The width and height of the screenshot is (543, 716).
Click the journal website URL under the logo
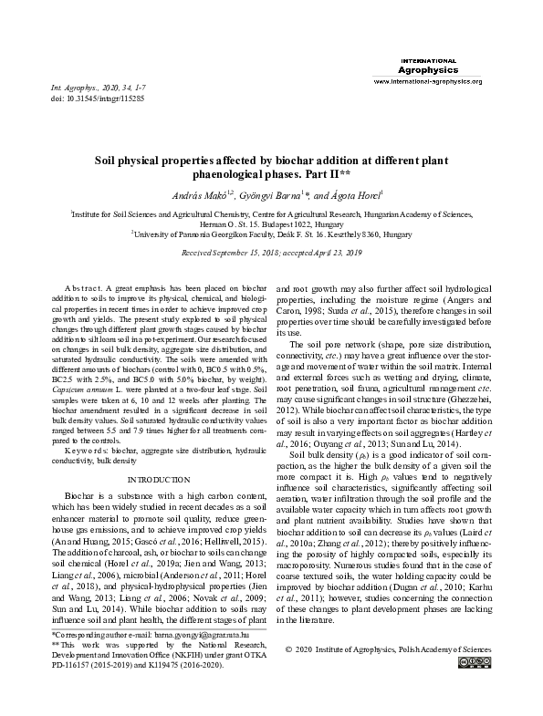[x=428, y=82]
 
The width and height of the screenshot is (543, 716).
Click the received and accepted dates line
[x=272, y=250]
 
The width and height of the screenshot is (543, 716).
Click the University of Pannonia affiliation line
[x=272, y=233]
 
